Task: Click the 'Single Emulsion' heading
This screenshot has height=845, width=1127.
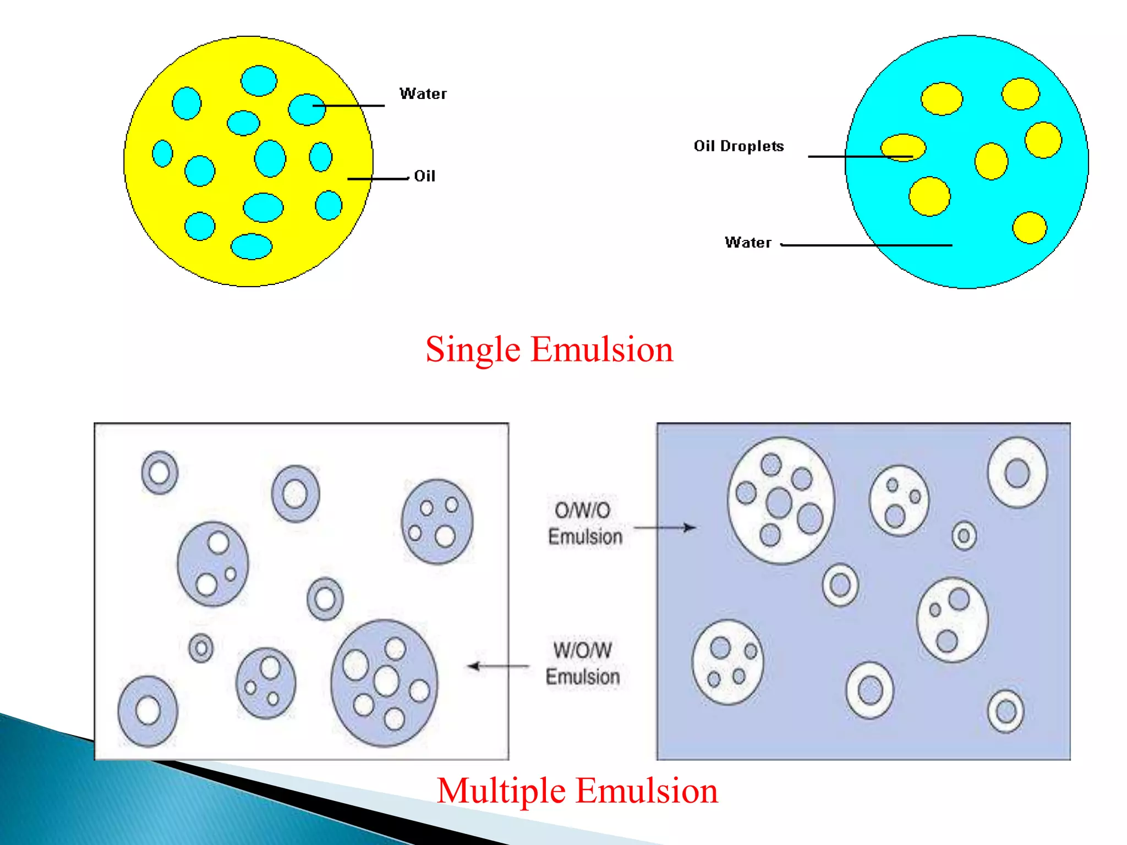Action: tap(549, 349)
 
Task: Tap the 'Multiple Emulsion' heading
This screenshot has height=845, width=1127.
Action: tap(577, 791)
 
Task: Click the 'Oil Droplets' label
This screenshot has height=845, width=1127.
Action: tap(738, 146)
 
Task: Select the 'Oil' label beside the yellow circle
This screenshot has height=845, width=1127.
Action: tap(424, 176)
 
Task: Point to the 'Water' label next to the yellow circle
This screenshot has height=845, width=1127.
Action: tap(423, 94)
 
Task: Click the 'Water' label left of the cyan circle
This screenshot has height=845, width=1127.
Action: tap(748, 243)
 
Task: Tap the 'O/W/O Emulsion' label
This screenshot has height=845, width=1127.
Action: tap(584, 523)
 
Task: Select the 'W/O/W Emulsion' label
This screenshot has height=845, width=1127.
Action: tap(583, 663)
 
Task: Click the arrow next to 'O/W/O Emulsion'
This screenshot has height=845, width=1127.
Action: tap(665, 528)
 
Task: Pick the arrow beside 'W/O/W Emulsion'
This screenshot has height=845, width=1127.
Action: tap(498, 666)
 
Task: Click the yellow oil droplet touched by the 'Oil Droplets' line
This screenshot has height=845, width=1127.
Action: tap(903, 147)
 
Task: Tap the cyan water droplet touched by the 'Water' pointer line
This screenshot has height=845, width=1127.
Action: tap(306, 109)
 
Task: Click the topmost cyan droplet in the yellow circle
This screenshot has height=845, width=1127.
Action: tap(259, 81)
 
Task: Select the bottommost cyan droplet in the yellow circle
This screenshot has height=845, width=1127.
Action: tap(251, 246)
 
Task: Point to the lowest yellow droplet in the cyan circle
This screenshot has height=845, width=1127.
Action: tap(1029, 227)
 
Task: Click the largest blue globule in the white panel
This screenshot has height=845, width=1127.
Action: tap(384, 683)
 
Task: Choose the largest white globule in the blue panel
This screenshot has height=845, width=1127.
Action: tap(780, 501)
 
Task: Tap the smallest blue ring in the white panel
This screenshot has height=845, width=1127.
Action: tap(201, 648)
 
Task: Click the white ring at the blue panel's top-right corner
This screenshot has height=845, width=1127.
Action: tap(1017, 473)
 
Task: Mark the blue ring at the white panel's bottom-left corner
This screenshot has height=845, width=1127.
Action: tap(148, 711)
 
